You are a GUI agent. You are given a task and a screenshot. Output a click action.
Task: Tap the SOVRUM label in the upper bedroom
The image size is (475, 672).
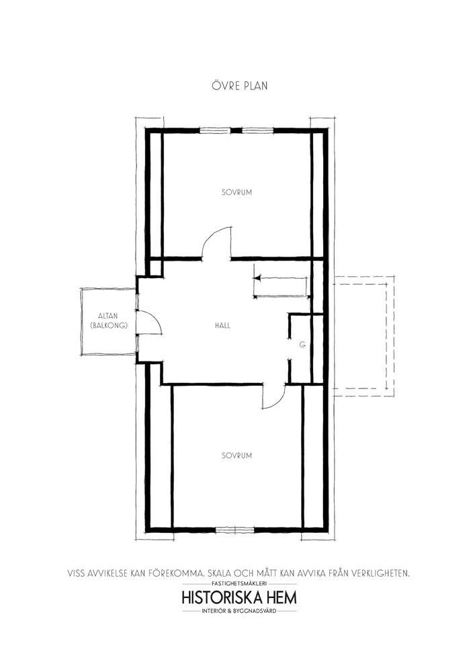(237, 192)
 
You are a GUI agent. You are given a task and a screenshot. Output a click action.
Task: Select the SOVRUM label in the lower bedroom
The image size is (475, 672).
(237, 456)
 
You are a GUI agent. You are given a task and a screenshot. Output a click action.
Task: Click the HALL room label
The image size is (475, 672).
(223, 325)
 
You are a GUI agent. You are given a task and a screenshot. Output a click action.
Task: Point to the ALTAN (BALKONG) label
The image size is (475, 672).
(110, 321)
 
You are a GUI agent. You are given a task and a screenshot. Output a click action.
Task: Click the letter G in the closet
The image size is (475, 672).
(302, 344)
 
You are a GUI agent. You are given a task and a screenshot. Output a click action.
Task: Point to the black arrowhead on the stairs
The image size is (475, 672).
(257, 279)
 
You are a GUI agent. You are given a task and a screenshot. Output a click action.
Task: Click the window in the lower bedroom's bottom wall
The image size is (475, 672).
(234, 530)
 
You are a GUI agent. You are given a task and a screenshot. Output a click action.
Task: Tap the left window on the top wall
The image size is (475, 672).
(216, 131)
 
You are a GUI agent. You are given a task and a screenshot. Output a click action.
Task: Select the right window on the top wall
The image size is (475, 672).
(258, 131)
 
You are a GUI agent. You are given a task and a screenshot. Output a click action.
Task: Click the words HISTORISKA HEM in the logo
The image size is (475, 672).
(239, 597)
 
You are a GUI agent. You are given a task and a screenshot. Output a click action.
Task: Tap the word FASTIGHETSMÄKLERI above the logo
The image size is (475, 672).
(239, 584)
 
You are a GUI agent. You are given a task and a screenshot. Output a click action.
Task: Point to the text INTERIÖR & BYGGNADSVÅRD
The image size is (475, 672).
(239, 611)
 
